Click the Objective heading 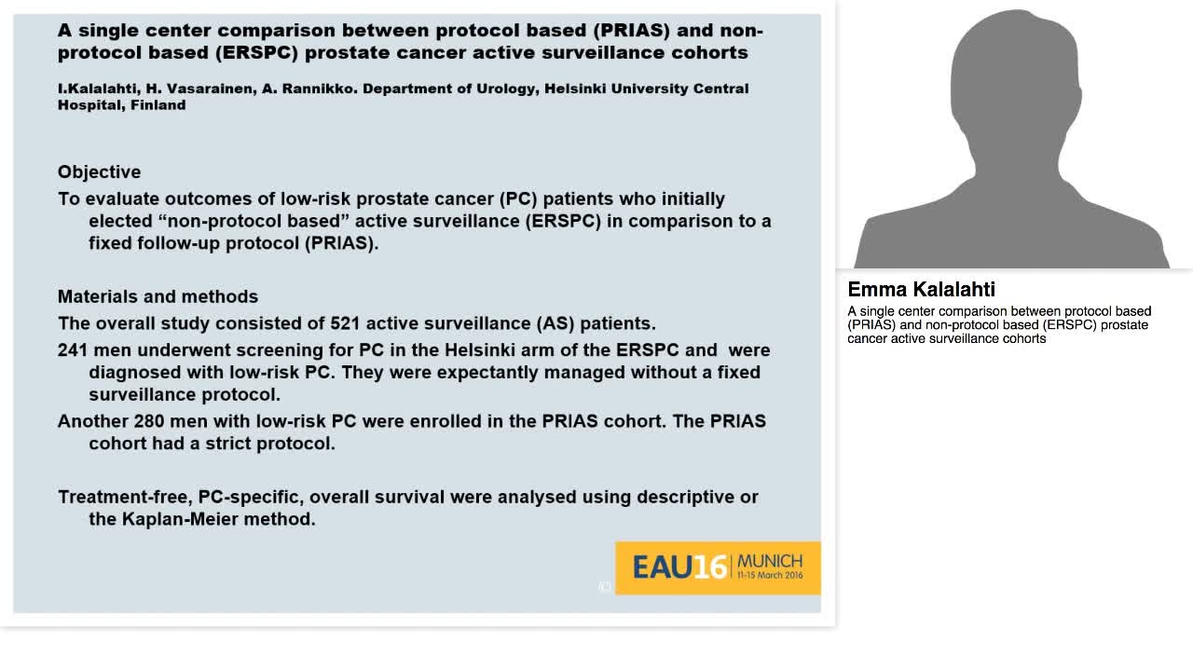click(99, 172)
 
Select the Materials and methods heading click(158, 296)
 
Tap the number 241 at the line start click(73, 350)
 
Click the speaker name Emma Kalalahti click(921, 290)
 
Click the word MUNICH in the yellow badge click(769, 561)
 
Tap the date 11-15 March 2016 click(769, 576)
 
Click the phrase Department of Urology click(446, 89)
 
